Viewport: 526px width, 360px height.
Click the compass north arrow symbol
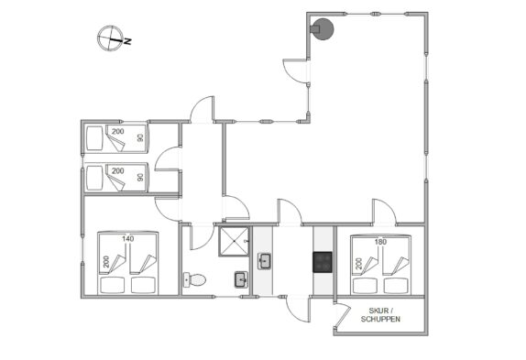110,38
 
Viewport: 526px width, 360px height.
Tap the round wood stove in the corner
322,29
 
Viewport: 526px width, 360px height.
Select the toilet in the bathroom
194,280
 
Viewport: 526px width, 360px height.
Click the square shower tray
235,241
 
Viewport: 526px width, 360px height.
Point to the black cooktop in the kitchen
323,262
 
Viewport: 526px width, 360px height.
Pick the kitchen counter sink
265,261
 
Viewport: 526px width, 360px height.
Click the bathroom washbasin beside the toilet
241,279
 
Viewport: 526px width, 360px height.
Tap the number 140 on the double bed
127,239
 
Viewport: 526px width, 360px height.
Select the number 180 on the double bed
380,242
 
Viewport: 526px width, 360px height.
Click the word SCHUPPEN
380,319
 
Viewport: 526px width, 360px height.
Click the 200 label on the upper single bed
117,131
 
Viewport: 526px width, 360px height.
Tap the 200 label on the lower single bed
117,171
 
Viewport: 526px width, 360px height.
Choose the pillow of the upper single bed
94,138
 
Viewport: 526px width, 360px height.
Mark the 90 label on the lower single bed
140,177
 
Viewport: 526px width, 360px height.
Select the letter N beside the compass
127,41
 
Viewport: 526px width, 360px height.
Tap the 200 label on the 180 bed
359,264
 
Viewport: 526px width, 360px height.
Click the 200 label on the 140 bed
106,261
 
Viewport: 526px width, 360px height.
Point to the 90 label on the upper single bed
140,137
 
